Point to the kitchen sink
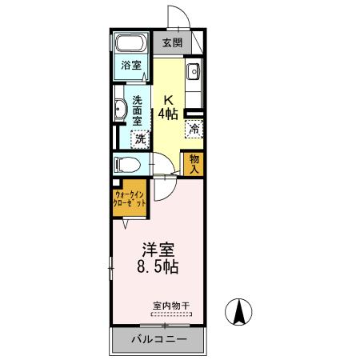click(x=194, y=74)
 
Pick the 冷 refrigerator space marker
click(x=194, y=127)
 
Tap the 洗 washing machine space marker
click(x=140, y=138)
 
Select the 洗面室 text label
click(x=138, y=110)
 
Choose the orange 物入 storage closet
click(x=194, y=163)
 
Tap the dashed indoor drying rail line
click(x=170, y=314)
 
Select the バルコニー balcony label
click(x=159, y=340)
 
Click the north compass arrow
click(x=238, y=311)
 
